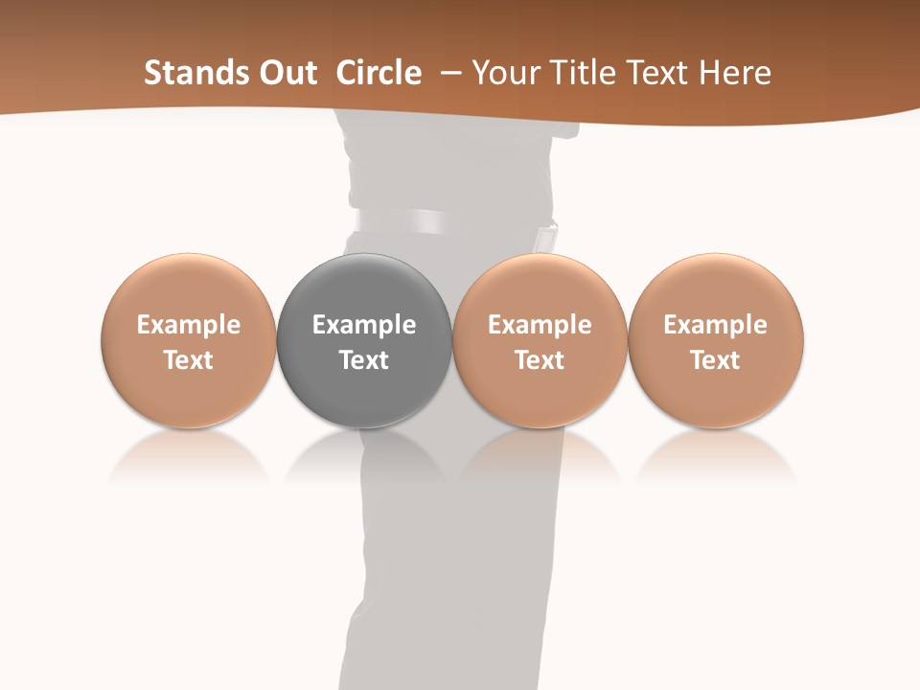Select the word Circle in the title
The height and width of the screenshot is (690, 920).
coord(379,73)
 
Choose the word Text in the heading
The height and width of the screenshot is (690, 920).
coord(657,73)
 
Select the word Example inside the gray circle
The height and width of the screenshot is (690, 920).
coord(364,325)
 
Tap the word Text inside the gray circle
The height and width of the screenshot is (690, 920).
coord(364,360)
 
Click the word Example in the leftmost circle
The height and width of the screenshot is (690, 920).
coord(189,325)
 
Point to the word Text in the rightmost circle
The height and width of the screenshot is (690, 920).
coord(716,360)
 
